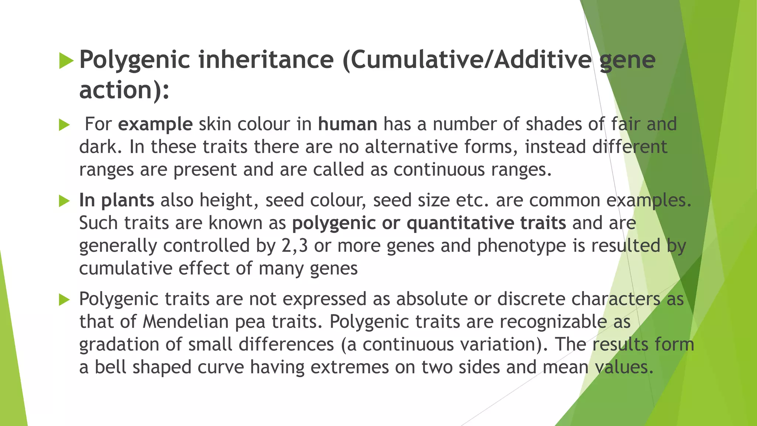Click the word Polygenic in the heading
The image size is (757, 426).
point(135,60)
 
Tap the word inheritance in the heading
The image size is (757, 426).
point(266,60)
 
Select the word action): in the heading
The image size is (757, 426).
point(124,90)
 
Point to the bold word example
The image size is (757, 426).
point(155,124)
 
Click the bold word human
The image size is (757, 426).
point(347,124)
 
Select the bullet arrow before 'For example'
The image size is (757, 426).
point(64,125)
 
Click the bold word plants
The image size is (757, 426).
point(128,200)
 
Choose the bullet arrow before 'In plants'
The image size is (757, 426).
point(64,201)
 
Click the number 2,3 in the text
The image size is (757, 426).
point(294,246)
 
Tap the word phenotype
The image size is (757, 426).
point(521,246)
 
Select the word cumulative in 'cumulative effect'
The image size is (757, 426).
point(126,268)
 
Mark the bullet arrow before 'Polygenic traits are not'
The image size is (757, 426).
point(64,300)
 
